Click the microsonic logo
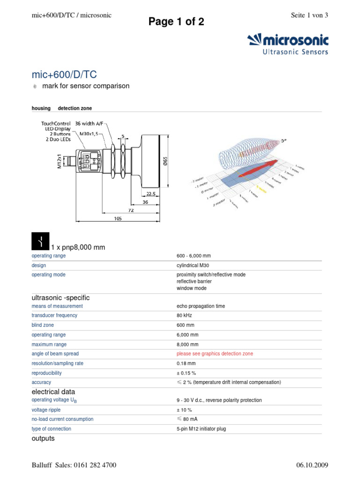tap(288, 44)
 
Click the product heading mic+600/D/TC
tap(64, 75)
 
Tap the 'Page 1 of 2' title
tap(176, 22)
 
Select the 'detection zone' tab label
tap(75, 108)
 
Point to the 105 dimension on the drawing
tap(118, 218)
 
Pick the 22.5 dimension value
tap(150, 193)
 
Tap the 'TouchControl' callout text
tap(56, 124)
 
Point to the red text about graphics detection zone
tap(215, 354)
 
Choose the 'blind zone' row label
tap(43, 325)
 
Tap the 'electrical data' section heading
tap(53, 392)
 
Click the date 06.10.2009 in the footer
tap(312, 465)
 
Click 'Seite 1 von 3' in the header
tap(309, 15)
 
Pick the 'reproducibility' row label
tap(46, 373)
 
